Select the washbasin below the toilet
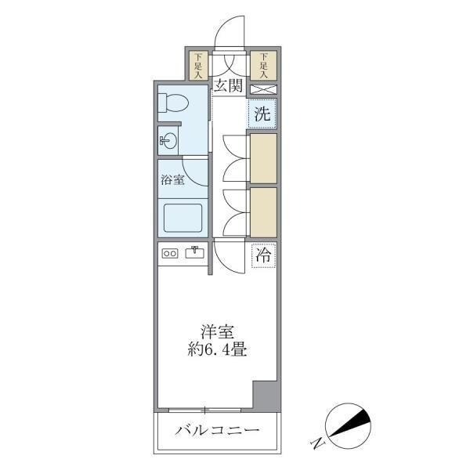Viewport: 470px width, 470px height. pos(168,141)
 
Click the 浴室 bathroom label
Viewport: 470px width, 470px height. pos(172,179)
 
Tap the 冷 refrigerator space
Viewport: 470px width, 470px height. pos(264,255)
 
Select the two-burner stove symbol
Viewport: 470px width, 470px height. pos(169,252)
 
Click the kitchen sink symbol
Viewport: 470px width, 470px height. pos(193,252)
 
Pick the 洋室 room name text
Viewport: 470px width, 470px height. pos(218,333)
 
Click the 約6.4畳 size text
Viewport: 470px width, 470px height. pos(218,350)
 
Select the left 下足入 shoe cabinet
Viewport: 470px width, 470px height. pos(199,66)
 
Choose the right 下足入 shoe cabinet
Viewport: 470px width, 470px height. pos(264,66)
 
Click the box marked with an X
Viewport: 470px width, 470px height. pos(263,89)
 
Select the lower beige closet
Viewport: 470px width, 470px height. pos(263,211)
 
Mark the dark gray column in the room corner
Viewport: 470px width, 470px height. pos(266,396)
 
